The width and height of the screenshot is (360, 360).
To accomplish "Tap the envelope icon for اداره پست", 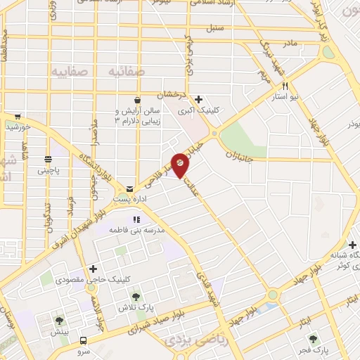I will tap(131, 188).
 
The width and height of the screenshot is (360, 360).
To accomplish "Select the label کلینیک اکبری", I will tap(195, 111).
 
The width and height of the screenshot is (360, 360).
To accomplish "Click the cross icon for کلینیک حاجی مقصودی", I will tap(93, 268).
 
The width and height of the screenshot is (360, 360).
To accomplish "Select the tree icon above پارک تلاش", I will tap(136, 297).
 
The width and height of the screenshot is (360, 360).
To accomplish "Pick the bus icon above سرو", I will tap(84, 341).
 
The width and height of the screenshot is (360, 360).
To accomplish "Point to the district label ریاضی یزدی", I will tap(189, 342).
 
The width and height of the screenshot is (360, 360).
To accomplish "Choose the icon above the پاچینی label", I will tap(48, 159).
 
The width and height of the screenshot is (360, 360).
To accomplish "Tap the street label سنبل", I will tap(214, 29).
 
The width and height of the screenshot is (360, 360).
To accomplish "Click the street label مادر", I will tap(290, 44).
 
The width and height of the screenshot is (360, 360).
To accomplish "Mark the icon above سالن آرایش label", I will tap(136, 101).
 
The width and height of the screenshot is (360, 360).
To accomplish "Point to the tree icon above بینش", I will tap(58, 320).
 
